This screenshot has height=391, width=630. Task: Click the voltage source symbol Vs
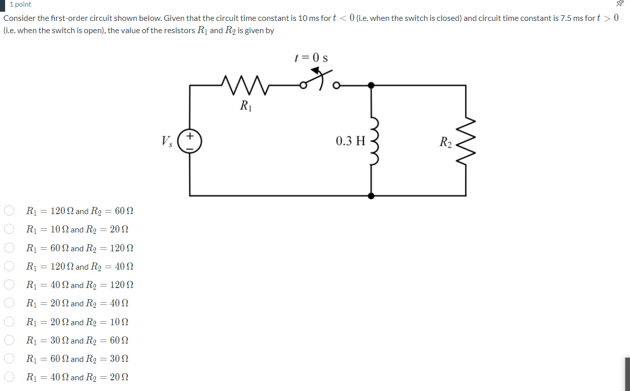click(190, 141)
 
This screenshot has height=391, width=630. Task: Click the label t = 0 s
click(311, 58)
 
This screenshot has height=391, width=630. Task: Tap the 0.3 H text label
click(350, 141)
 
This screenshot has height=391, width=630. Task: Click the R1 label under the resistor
click(245, 106)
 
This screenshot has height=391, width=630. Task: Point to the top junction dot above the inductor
click(372, 86)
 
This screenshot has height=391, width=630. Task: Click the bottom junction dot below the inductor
click(372, 195)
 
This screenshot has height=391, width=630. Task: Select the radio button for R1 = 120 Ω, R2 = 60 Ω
click(9, 211)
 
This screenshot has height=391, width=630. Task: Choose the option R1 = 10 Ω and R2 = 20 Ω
click(9, 229)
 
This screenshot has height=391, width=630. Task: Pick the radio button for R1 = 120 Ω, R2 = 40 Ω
click(9, 267)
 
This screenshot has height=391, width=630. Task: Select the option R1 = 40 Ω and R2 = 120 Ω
click(9, 285)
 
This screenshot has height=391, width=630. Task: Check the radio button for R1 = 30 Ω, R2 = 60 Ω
click(9, 340)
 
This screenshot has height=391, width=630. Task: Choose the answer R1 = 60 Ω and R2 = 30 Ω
click(9, 359)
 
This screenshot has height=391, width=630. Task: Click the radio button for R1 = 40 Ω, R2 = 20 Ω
click(9, 377)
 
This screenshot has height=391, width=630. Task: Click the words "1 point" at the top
click(20, 5)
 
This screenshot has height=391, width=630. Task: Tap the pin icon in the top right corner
click(620, 4)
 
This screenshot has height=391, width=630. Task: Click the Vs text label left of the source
click(166, 141)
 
